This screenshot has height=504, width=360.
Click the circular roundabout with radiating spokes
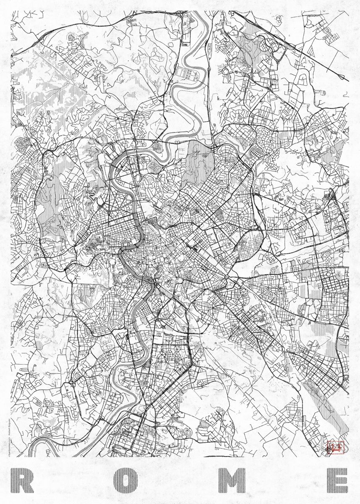227,71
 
